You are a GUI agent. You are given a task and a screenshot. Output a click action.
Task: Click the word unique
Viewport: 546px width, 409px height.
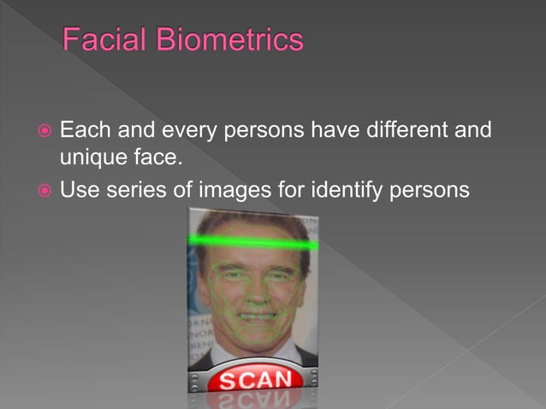tap(96, 158)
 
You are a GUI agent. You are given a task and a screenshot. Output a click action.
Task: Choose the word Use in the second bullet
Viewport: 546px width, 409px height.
tap(80, 188)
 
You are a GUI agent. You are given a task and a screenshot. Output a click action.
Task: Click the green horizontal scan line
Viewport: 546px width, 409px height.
tap(252, 244)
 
